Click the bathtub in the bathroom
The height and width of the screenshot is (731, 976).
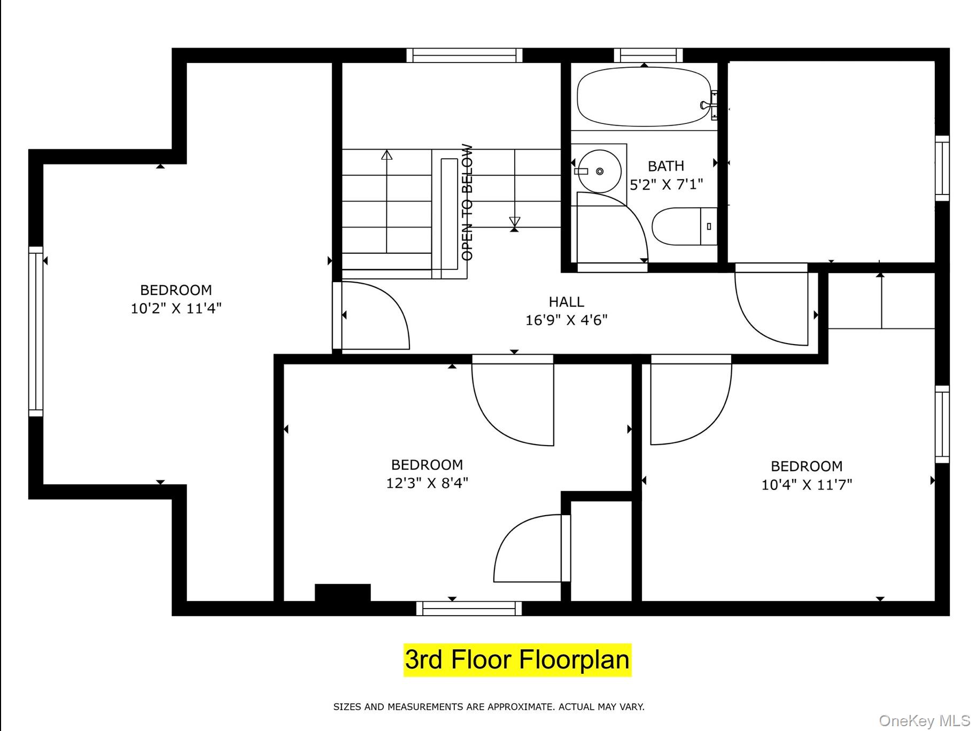tap(644, 97)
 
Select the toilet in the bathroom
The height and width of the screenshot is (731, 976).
tap(685, 227)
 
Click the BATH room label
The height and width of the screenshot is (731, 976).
tap(666, 166)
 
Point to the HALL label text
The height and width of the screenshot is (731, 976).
tap(567, 302)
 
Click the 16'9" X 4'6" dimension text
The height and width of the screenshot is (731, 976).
tap(567, 320)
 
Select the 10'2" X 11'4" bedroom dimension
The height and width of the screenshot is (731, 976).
tap(176, 308)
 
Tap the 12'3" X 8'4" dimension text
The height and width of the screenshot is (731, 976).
tap(427, 483)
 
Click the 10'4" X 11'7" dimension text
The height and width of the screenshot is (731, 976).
tap(807, 485)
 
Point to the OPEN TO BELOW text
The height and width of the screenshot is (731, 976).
tap(467, 203)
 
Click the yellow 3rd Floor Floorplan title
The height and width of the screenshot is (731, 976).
tap(517, 660)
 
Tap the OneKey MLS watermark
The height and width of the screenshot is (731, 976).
tap(925, 720)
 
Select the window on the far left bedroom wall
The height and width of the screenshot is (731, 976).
tap(36, 331)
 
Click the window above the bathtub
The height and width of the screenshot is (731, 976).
tap(648, 55)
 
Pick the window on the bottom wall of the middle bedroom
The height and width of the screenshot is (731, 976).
tap(469, 608)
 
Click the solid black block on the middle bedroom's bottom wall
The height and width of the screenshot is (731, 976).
tap(343, 593)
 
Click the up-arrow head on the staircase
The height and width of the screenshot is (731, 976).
tap(387, 155)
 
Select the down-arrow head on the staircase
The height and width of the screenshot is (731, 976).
tap(515, 221)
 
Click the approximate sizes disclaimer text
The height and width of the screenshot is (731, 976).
tap(489, 707)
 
